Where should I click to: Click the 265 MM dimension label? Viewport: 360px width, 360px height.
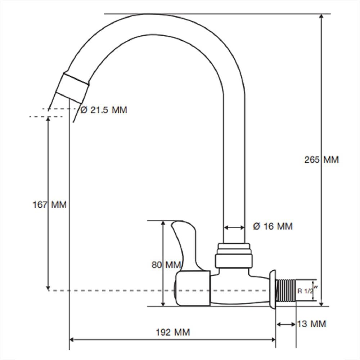(321, 159)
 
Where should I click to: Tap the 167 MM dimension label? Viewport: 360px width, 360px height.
(50, 204)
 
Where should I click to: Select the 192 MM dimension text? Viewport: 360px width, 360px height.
(173, 332)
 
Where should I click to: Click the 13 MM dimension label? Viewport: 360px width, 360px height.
(311, 324)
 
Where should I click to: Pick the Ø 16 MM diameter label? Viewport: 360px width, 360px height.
(273, 226)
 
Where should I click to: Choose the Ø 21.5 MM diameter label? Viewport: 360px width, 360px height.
(104, 110)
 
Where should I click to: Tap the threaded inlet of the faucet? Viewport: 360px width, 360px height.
(285, 291)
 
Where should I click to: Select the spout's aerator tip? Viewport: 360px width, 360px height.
(72, 88)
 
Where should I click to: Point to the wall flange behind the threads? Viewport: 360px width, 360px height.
(273, 289)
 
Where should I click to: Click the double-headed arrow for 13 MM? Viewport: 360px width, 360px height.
(286, 324)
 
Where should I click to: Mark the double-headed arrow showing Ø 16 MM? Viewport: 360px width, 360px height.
(234, 228)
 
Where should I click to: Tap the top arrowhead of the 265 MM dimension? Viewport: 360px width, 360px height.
(321, 16)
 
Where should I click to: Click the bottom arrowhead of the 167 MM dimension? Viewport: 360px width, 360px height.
(48, 288)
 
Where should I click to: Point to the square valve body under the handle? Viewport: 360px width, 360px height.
(193, 288)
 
